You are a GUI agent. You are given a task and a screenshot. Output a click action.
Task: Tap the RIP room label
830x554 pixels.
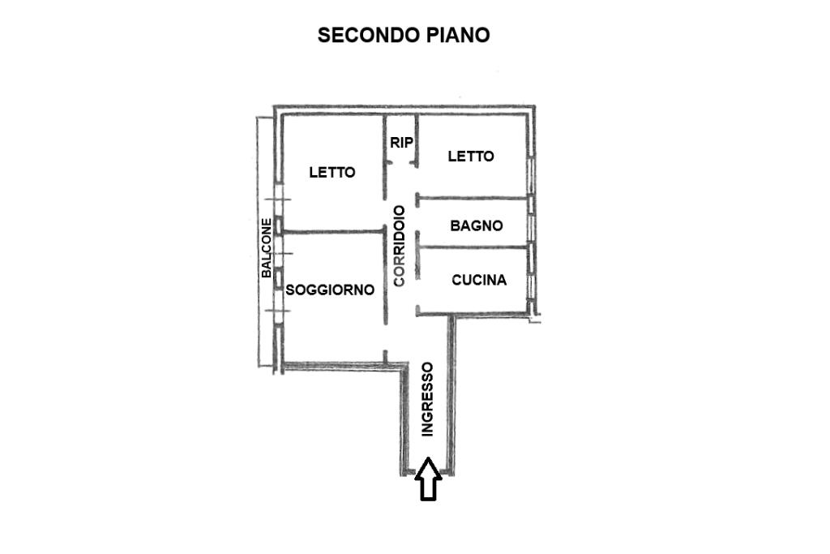[x=401, y=143]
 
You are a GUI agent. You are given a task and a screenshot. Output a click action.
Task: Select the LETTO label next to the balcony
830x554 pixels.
[x=332, y=172]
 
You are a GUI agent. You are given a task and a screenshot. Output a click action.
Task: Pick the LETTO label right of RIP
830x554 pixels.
[x=471, y=157]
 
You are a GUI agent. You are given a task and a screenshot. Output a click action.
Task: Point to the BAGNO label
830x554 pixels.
[x=477, y=225]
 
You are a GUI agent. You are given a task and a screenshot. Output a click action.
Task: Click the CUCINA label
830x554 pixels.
[x=479, y=280]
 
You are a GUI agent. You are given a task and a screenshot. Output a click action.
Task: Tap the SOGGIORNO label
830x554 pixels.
[x=330, y=290]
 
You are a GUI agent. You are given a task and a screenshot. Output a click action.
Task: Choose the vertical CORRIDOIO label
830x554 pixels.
[x=400, y=245]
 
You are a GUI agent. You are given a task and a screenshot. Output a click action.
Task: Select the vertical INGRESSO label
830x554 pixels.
[x=427, y=400]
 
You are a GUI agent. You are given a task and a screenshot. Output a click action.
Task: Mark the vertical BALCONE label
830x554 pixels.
[x=266, y=247]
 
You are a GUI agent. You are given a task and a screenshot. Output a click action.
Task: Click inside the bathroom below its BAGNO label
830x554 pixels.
[x=477, y=239]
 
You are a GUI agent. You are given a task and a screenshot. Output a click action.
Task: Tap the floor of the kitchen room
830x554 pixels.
[x=478, y=298]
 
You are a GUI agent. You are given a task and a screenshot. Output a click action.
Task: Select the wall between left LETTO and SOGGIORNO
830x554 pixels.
[x=332, y=232]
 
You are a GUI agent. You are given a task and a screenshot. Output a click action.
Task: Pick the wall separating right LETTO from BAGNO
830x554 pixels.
[x=474, y=196]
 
